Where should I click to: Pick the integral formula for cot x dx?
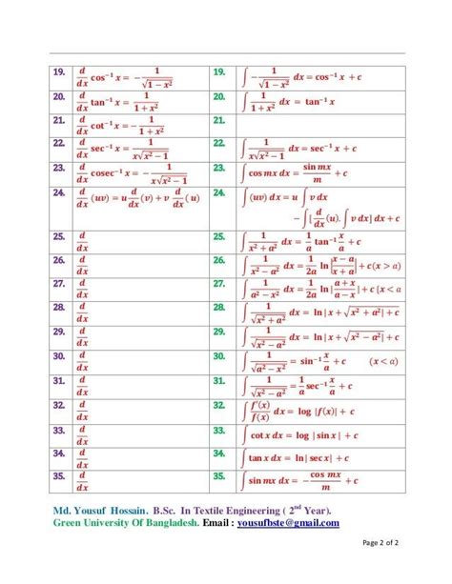coord(298,434)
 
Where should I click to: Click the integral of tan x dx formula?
coord(298,456)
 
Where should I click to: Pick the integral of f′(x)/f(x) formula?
coord(296,410)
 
